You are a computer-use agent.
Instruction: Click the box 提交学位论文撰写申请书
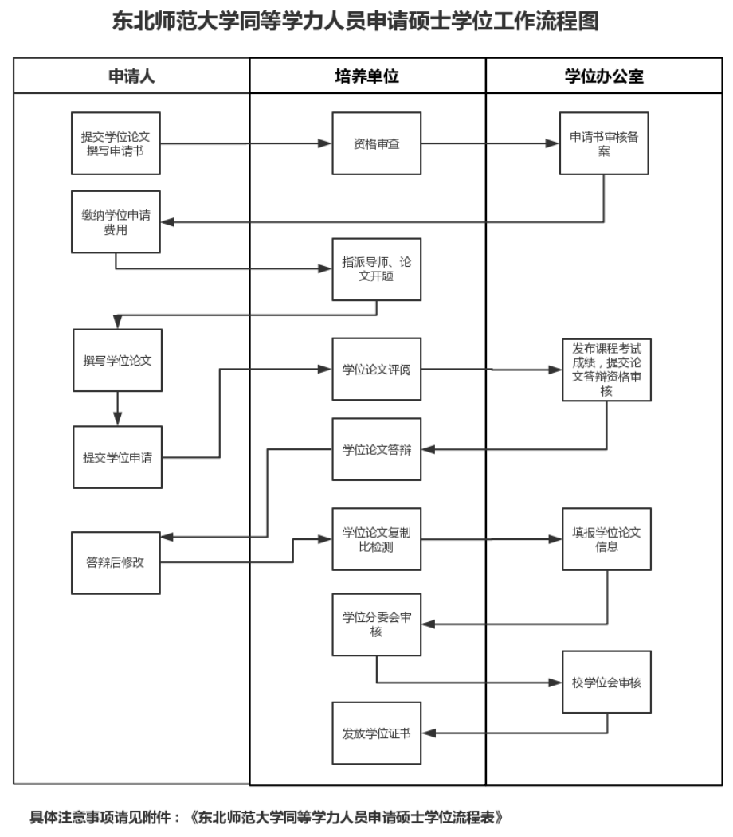tap(116, 143)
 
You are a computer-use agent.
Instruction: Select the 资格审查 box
tap(377, 143)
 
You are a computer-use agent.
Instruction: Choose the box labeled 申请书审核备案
tap(605, 143)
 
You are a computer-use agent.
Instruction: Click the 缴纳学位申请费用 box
tap(116, 221)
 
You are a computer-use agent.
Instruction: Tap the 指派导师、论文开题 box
tap(377, 269)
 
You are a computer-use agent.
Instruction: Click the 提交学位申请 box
tap(118, 457)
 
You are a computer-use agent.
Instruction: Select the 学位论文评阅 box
tap(377, 370)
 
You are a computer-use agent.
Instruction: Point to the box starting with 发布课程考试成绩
tap(606, 370)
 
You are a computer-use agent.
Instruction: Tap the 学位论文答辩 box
tap(377, 449)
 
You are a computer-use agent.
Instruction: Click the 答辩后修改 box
tap(116, 561)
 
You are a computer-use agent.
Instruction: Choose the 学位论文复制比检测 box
tap(377, 539)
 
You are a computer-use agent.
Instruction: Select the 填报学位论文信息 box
tap(606, 539)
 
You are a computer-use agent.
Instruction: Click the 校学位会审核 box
tap(606, 682)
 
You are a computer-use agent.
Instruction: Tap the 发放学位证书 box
tap(377, 733)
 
